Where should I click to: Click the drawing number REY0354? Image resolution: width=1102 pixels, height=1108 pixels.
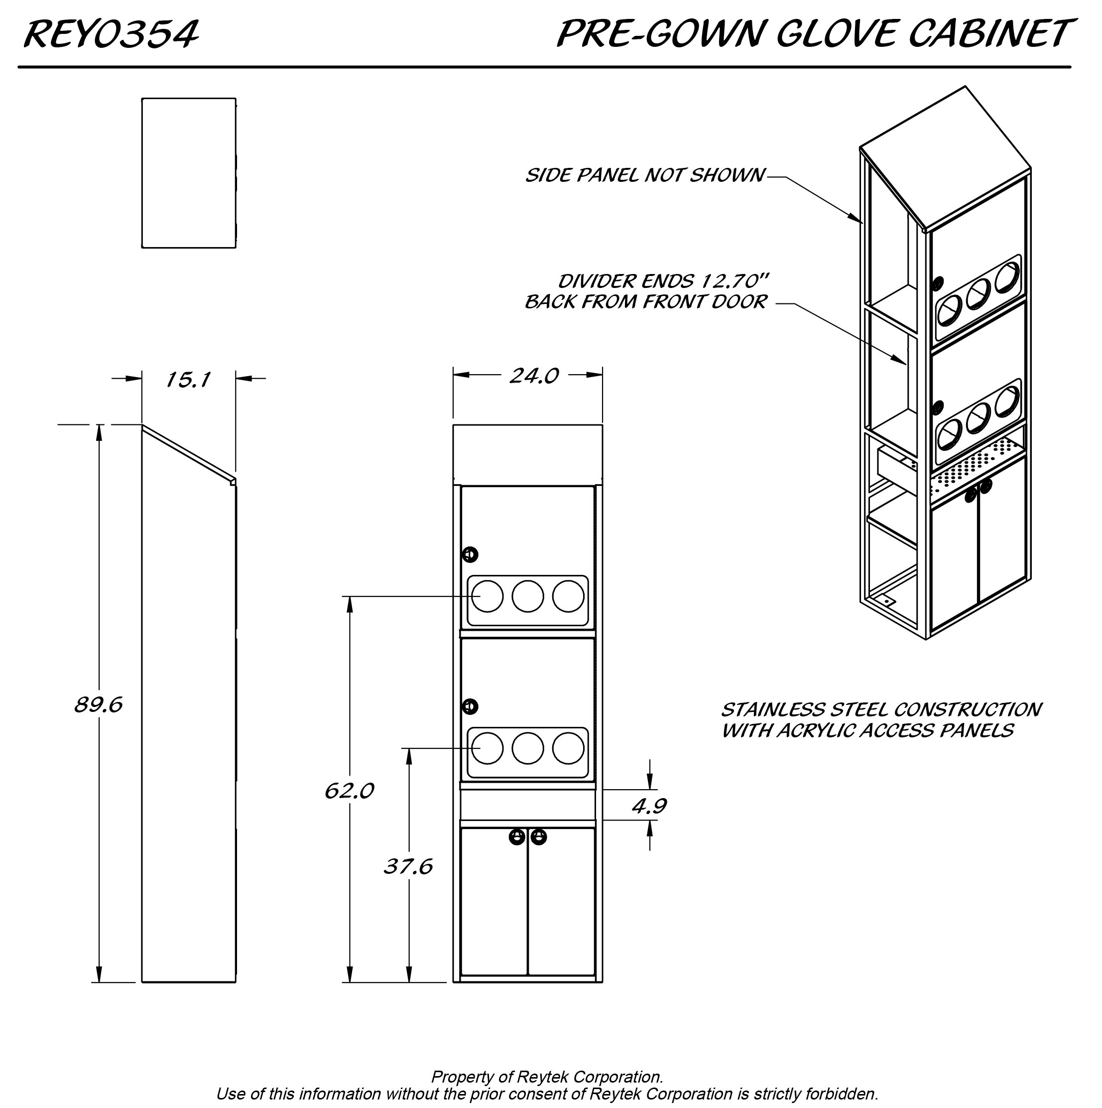coord(111,34)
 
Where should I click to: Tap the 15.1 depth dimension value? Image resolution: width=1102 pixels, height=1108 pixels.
coord(188,380)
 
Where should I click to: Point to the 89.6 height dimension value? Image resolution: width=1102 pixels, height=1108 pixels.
coord(99,705)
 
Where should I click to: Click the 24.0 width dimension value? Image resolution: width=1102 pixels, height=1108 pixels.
coord(534,376)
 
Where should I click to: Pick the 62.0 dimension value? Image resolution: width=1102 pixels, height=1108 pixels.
coord(349,791)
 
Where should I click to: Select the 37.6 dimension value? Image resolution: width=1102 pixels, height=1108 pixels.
coord(408,866)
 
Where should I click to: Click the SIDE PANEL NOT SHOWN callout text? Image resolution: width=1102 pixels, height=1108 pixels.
coord(645,175)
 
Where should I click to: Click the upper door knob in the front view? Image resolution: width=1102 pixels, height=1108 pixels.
coord(470,554)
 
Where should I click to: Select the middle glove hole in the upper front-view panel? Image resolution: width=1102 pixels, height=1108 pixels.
coord(527,596)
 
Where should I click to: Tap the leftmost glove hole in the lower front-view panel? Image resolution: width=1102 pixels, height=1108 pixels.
coord(488,748)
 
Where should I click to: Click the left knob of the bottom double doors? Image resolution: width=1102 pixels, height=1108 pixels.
coord(517,837)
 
